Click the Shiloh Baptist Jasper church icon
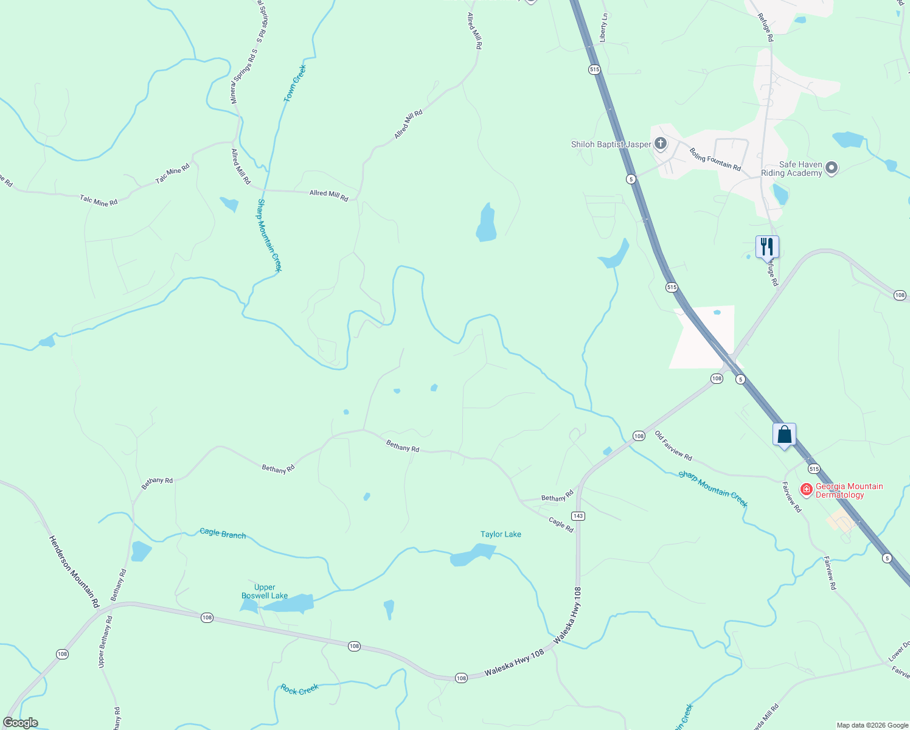pyautogui.click(x=661, y=144)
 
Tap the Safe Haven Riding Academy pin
pyautogui.click(x=832, y=168)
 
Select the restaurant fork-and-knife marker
pyautogui.click(x=767, y=246)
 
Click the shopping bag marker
pyautogui.click(x=784, y=434)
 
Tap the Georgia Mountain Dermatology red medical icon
pyautogui.click(x=807, y=489)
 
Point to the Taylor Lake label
pyautogui.click(x=501, y=534)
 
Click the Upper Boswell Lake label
pyautogui.click(x=265, y=591)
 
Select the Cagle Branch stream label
pyautogui.click(x=223, y=534)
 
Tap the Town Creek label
pyautogui.click(x=295, y=83)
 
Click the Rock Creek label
pyautogui.click(x=300, y=689)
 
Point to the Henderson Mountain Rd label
pyautogui.click(x=74, y=571)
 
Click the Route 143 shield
pyautogui.click(x=578, y=516)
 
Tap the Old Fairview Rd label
pyautogui.click(x=673, y=445)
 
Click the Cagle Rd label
pyautogui.click(x=561, y=525)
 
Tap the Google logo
pyautogui.click(x=21, y=723)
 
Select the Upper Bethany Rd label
pyautogui.click(x=104, y=642)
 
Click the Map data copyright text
pyautogui.click(x=872, y=725)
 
